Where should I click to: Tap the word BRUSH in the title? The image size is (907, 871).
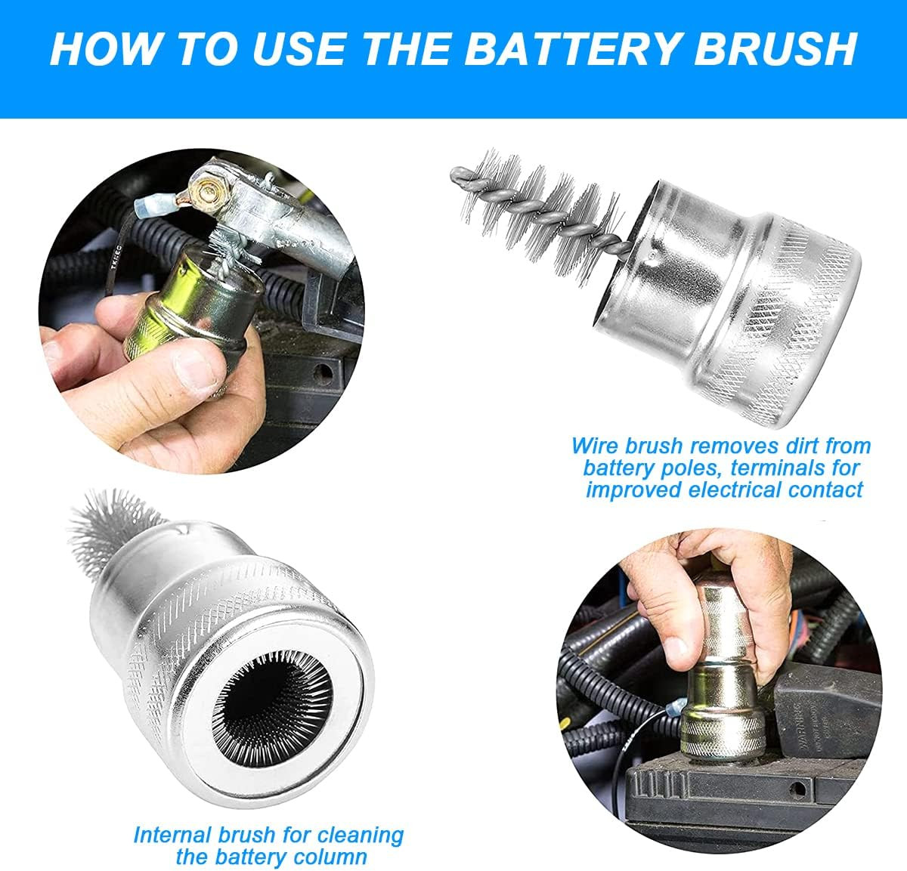(775, 49)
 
